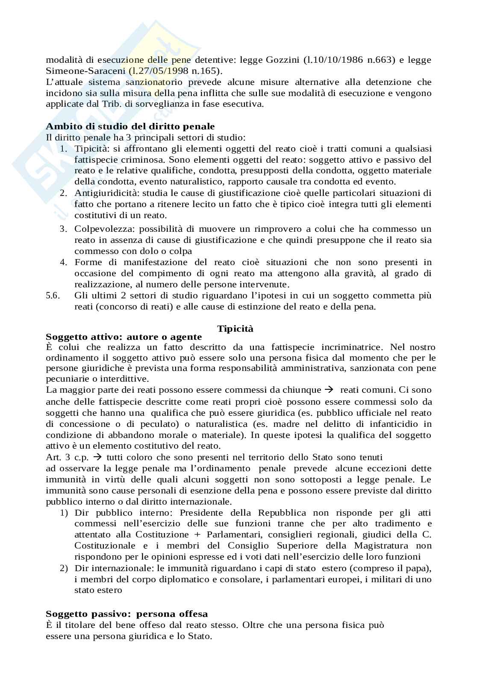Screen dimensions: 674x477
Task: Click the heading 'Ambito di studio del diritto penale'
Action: [x=130, y=126]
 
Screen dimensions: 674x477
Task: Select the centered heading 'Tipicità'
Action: [x=235, y=328]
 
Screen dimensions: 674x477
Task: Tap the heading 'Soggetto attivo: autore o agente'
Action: [x=124, y=337]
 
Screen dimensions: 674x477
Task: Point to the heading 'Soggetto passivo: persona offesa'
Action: [x=127, y=614]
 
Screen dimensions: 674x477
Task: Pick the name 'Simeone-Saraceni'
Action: [x=79, y=71]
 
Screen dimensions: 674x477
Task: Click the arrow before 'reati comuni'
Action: [x=328, y=390]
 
